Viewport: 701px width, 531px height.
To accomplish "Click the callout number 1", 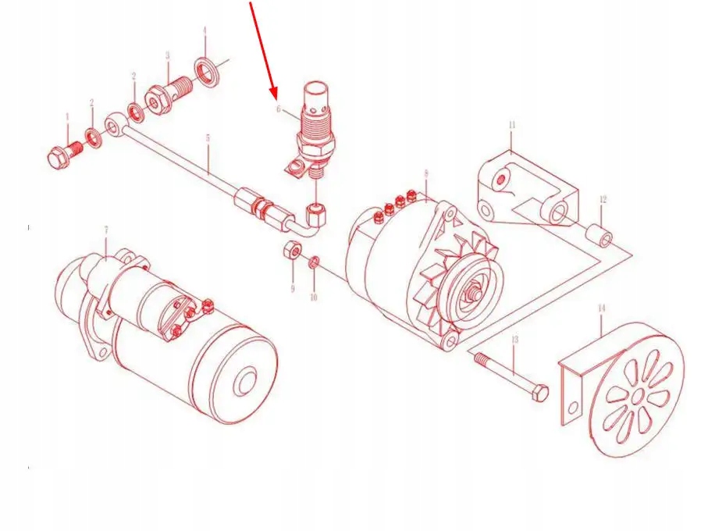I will click(67, 117).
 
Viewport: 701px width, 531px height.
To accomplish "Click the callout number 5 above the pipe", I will click(208, 138).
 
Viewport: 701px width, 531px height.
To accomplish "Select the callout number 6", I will click(277, 109).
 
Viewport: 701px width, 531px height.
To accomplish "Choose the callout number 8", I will click(426, 173).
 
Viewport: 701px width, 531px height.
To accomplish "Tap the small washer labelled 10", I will click(314, 261).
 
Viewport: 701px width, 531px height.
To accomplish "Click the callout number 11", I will click(512, 125).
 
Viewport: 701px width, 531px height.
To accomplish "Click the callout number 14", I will click(601, 309).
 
